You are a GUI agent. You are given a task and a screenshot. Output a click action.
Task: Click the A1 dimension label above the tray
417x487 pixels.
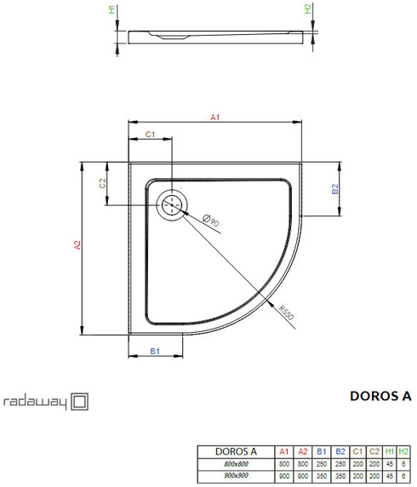click(x=215, y=117)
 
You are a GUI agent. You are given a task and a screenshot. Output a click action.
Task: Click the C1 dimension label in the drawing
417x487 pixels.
click(x=148, y=135)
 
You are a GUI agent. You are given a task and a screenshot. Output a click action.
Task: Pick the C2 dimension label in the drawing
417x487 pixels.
click(x=102, y=182)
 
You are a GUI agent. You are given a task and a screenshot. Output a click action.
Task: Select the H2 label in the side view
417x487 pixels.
click(x=308, y=11)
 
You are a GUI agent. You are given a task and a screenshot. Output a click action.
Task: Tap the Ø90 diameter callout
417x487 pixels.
click(x=211, y=221)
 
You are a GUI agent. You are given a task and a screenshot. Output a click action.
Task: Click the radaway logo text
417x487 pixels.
click(x=35, y=401)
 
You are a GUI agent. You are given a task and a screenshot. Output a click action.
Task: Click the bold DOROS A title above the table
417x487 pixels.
click(x=380, y=396)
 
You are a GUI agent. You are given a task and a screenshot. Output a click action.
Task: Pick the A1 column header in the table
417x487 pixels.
click(x=284, y=450)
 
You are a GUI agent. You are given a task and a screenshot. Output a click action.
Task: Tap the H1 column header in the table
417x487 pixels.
click(x=388, y=450)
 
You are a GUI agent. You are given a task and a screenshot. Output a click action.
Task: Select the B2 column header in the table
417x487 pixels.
click(x=338, y=450)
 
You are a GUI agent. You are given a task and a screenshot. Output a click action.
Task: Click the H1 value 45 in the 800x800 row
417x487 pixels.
click(x=388, y=462)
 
